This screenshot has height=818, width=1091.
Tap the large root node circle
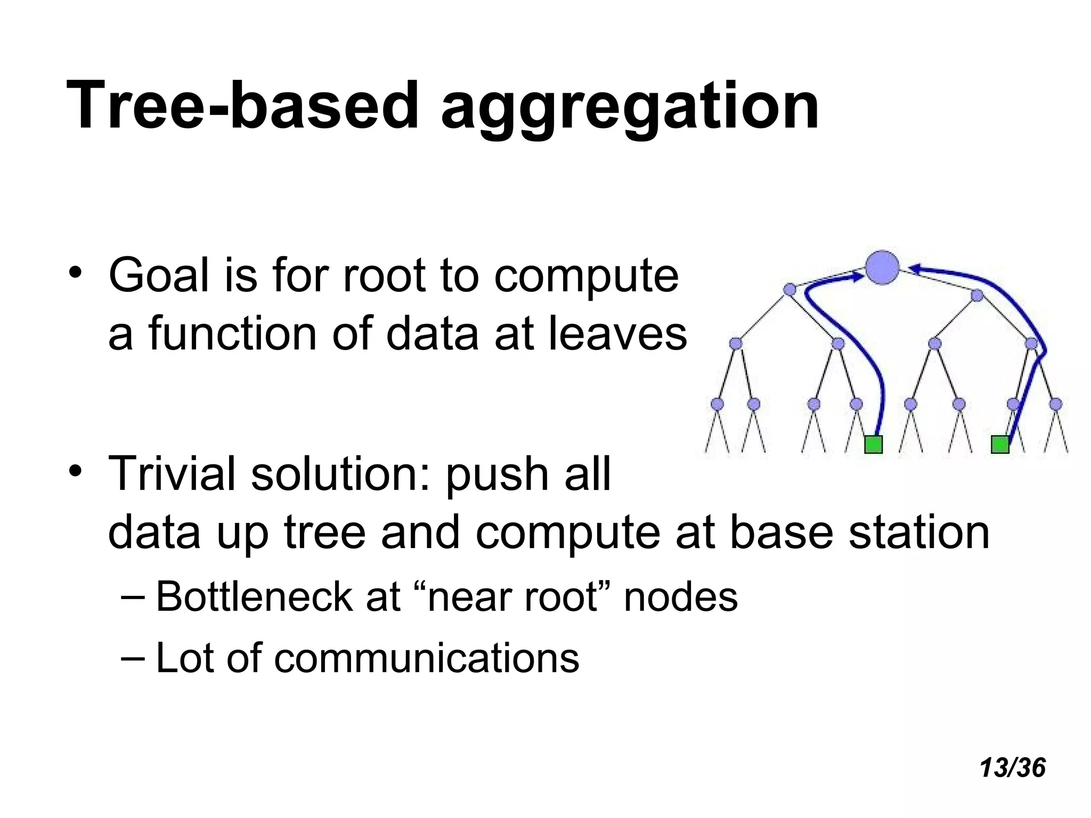[x=882, y=267]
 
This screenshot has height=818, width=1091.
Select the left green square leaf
[x=873, y=444]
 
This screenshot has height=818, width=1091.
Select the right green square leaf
[x=1000, y=444]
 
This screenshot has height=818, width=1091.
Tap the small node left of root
[x=789, y=290]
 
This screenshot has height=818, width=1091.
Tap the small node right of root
[x=977, y=296]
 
